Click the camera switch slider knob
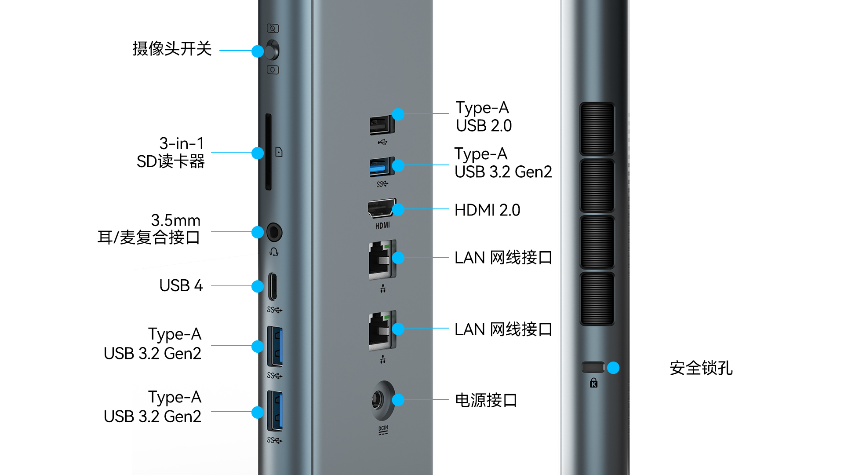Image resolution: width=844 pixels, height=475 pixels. tap(272, 50)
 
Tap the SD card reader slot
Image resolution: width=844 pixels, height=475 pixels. tap(268, 152)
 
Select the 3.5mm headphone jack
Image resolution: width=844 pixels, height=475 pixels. tap(274, 232)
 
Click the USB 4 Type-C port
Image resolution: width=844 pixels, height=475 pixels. tap(273, 286)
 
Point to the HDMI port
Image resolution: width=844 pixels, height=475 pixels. tap(381, 208)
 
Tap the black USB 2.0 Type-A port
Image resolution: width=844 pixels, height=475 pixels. tap(382, 125)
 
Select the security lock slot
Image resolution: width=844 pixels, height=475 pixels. tap(593, 367)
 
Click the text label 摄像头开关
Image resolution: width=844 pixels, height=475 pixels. tap(172, 48)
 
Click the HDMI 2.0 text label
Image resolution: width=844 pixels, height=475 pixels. tap(487, 210)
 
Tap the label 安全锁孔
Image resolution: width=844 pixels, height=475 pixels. tap(701, 368)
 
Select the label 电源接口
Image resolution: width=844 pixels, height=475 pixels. tap(486, 400)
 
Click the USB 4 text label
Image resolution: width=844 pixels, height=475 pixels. tap(181, 285)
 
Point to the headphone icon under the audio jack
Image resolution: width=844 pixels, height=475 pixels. tap(274, 252)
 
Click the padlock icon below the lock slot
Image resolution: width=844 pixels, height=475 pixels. tap(594, 383)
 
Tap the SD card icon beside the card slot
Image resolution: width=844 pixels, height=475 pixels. tap(279, 152)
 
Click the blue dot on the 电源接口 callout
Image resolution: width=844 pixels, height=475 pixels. tap(398, 400)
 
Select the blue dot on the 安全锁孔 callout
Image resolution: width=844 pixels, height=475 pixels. tap(613, 367)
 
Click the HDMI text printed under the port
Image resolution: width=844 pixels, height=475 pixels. tap(382, 226)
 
